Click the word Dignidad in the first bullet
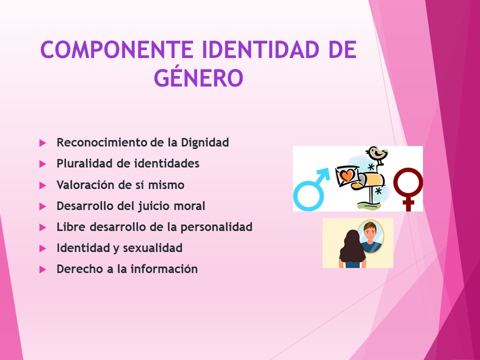(205, 142)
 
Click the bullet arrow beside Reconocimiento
(42, 143)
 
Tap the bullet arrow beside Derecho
(42, 269)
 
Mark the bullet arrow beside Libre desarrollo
(42, 227)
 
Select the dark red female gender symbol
(408, 187)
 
